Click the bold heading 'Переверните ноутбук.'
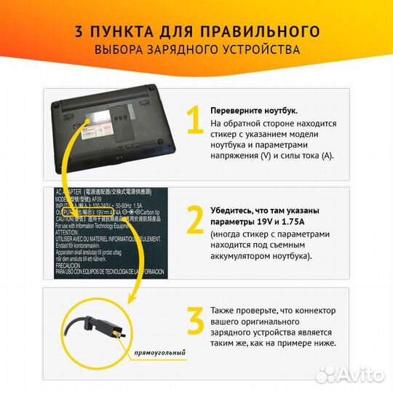click(x=253, y=110)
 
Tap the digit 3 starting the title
click(x=79, y=31)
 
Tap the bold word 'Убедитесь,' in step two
click(x=234, y=210)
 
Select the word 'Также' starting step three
click(x=223, y=310)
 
